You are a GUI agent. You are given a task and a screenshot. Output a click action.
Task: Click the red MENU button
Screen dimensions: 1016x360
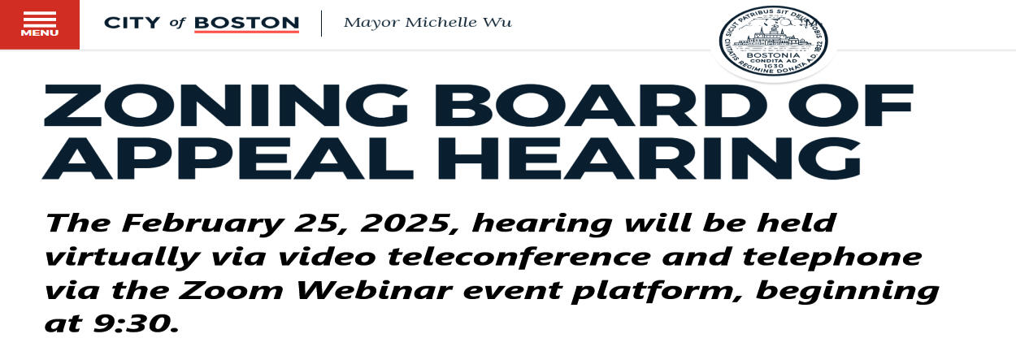40,24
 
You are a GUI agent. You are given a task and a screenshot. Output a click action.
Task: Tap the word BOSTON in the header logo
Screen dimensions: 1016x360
247,23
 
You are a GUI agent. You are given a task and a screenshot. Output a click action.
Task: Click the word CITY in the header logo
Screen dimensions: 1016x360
132,23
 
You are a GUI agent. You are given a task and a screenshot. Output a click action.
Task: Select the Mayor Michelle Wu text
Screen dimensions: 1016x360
428,22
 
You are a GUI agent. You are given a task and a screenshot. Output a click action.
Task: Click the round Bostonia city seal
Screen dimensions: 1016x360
773,41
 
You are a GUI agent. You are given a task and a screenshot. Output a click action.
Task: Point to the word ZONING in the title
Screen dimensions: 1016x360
225,105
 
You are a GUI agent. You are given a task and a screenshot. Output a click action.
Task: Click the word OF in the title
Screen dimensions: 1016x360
850,105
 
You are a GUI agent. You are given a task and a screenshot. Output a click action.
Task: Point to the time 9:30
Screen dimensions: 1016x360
135,323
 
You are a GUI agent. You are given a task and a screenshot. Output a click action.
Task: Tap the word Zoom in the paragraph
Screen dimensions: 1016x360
231,290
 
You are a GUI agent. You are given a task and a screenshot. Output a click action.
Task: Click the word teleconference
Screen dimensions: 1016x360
520,256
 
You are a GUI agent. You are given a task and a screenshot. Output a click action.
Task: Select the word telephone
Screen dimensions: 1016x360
831,258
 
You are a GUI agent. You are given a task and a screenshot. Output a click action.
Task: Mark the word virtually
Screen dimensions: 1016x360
123,258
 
